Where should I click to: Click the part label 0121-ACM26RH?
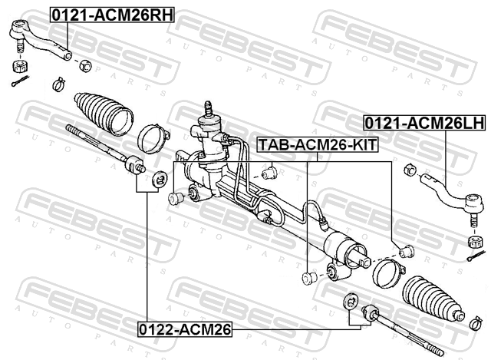[112, 15]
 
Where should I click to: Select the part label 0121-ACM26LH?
[424, 123]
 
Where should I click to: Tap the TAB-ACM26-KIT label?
[318, 145]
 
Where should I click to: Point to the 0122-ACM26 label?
[185, 329]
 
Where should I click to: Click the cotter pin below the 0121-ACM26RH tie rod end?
[20, 81]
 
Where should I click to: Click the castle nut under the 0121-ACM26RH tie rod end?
[21, 66]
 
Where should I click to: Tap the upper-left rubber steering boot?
[104, 114]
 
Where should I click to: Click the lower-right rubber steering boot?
[433, 298]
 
